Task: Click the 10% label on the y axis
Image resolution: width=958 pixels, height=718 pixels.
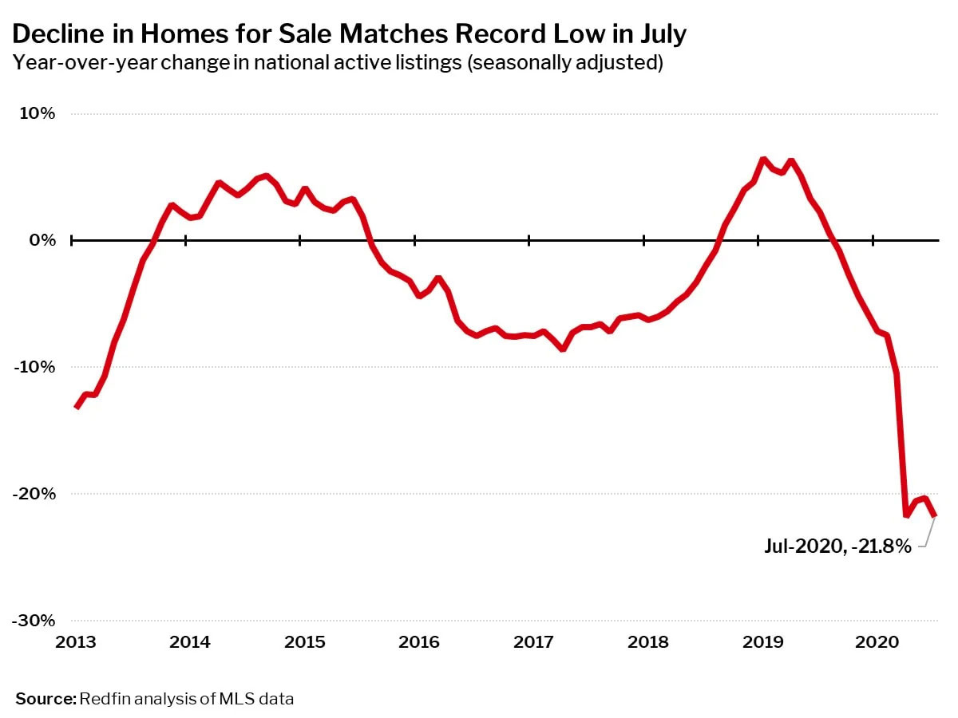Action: [x=38, y=113]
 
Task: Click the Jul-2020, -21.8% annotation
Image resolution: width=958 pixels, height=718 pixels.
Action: [x=837, y=546]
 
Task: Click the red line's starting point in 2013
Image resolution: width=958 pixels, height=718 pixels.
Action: [x=76, y=407]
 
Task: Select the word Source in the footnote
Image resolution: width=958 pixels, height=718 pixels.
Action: [x=44, y=699]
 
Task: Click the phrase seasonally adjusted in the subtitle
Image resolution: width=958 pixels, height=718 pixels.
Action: [x=568, y=63]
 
